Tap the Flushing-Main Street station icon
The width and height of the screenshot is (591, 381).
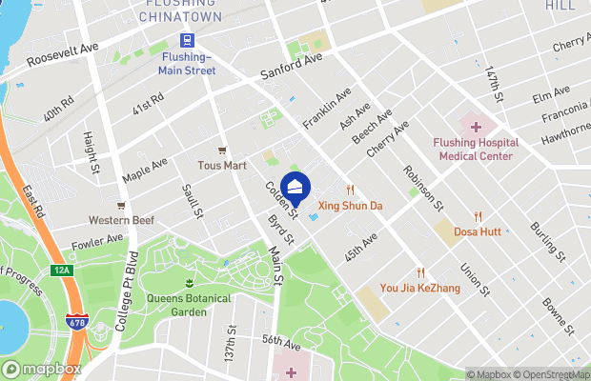(187, 40)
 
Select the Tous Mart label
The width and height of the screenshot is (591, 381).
(221, 165)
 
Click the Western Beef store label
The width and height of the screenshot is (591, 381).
(121, 220)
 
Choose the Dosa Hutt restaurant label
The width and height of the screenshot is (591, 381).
(478, 231)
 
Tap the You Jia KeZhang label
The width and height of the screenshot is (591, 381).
(419, 287)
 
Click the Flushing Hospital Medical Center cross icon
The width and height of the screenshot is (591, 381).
(475, 127)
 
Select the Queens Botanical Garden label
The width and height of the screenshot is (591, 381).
(189, 304)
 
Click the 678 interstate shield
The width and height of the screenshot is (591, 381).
(75, 325)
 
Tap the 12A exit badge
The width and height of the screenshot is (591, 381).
(62, 271)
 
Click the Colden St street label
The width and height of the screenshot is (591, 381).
(281, 199)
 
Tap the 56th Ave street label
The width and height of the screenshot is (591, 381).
(281, 341)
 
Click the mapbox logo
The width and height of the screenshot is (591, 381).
(41, 370)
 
